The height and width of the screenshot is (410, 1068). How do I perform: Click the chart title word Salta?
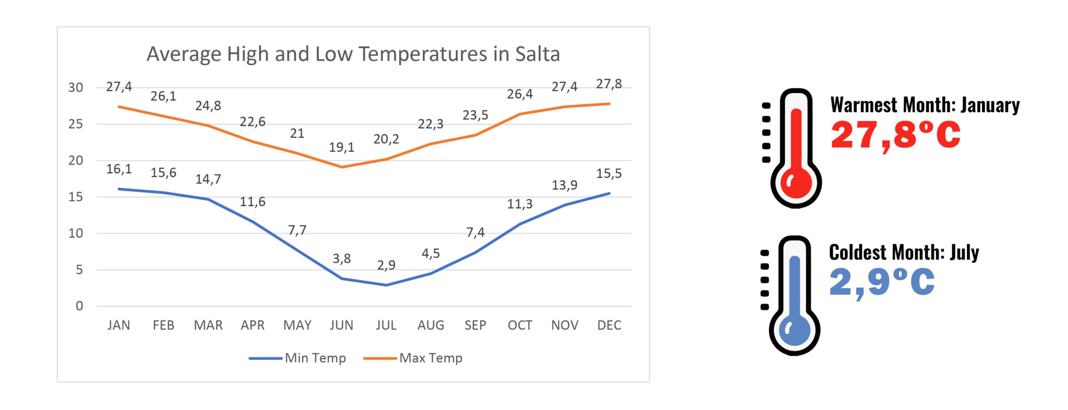pyautogui.click(x=537, y=54)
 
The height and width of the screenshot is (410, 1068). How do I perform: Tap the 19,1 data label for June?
pyautogui.click(x=342, y=148)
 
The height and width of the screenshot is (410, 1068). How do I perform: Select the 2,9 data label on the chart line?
pyautogui.click(x=386, y=265)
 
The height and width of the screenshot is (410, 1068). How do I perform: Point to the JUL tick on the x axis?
pyautogui.click(x=386, y=325)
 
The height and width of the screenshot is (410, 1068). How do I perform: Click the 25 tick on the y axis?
pyautogui.click(x=76, y=124)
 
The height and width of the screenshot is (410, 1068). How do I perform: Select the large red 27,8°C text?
pyautogui.click(x=895, y=135)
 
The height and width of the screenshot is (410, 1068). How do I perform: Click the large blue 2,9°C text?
pyautogui.click(x=881, y=282)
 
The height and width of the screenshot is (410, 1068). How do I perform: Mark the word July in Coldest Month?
pyautogui.click(x=964, y=252)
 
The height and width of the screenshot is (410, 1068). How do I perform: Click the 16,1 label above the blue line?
pyautogui.click(x=119, y=169)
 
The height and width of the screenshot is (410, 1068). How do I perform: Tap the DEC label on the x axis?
pyautogui.click(x=609, y=325)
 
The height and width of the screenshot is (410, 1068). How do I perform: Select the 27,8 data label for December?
pyautogui.click(x=609, y=84)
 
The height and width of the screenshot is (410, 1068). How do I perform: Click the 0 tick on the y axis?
pyautogui.click(x=79, y=306)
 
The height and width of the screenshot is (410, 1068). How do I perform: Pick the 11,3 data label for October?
pyautogui.click(x=519, y=204)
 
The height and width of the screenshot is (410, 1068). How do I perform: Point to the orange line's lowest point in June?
pyautogui.click(x=342, y=167)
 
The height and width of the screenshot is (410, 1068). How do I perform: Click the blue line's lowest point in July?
pyautogui.click(x=386, y=285)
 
